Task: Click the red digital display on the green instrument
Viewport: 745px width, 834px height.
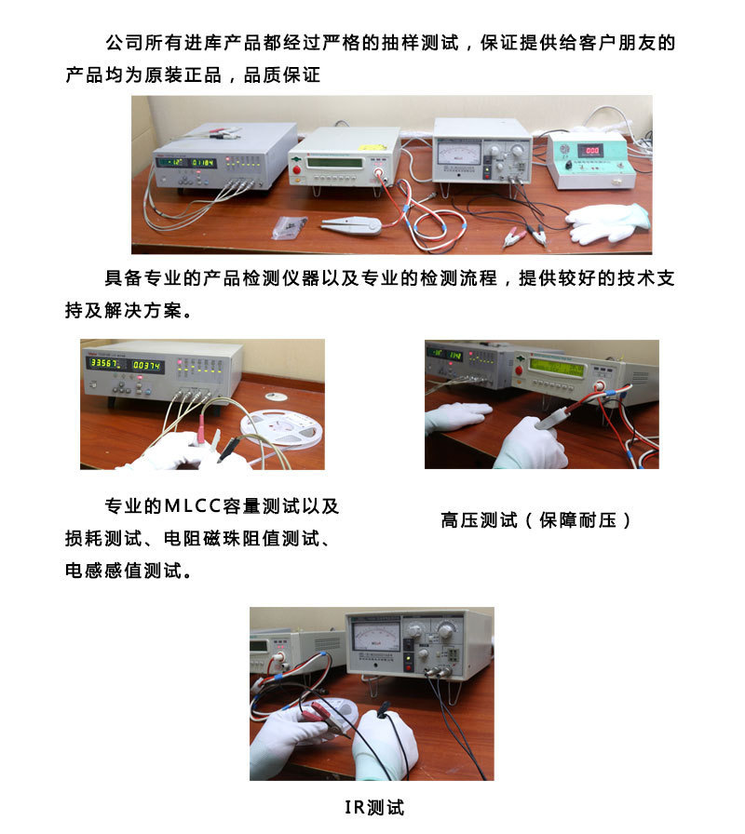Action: pyautogui.click(x=591, y=150)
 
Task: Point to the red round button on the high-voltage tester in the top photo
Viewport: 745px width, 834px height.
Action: pyautogui.click(x=297, y=169)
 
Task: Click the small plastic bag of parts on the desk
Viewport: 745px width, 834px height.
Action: pyautogui.click(x=289, y=227)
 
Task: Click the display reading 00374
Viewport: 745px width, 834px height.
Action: pyautogui.click(x=146, y=366)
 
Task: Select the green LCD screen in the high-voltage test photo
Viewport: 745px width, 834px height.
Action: pyautogui.click(x=556, y=366)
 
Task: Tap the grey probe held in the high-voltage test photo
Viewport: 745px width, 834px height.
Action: pyautogui.click(x=553, y=418)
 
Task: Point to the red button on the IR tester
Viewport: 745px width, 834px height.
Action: pyautogui.click(x=408, y=660)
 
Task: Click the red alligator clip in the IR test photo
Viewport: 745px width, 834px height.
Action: pyautogui.click(x=324, y=713)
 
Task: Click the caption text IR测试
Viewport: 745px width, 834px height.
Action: pyautogui.click(x=374, y=807)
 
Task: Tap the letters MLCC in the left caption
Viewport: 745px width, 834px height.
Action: pyautogui.click(x=193, y=505)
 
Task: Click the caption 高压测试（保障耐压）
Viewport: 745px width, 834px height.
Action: pyautogui.click(x=535, y=519)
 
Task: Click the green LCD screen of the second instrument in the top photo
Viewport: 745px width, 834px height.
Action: pyautogui.click(x=335, y=162)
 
